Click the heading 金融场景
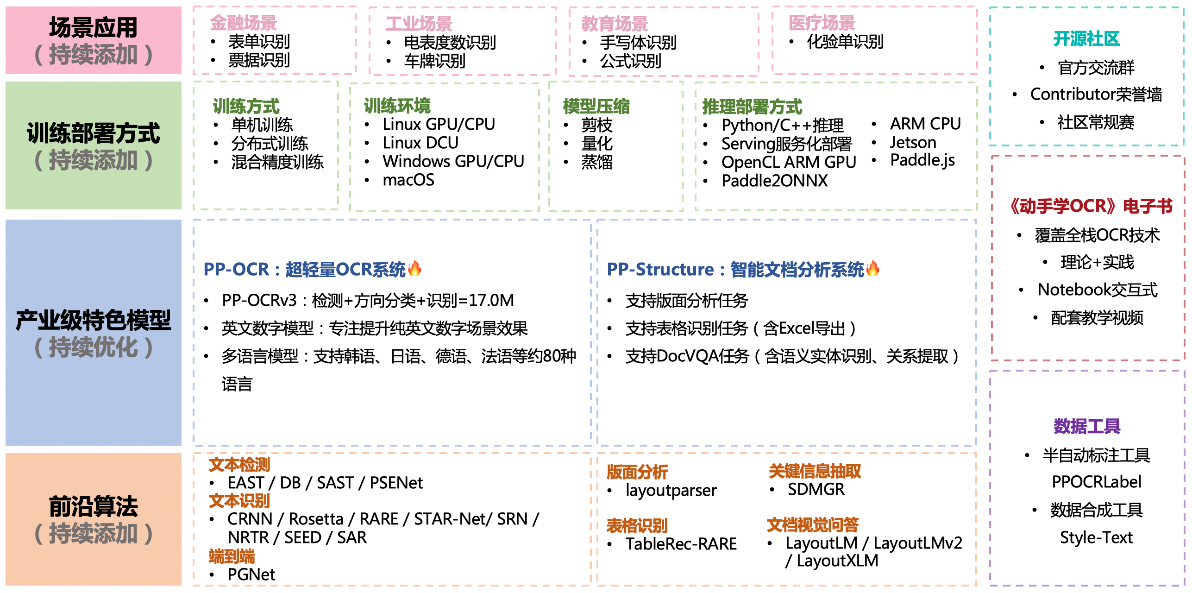click(243, 23)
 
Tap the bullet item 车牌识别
click(434, 61)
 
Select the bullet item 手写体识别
click(638, 43)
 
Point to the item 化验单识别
click(845, 42)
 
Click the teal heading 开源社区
click(1086, 39)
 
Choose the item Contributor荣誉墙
click(1096, 94)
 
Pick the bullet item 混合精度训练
click(277, 162)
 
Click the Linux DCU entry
click(420, 143)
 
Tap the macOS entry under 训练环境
click(408, 180)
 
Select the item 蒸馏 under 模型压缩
click(596, 162)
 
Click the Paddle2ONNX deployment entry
click(774, 181)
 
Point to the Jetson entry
click(913, 142)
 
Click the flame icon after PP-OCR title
click(414, 268)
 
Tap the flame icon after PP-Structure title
click(872, 268)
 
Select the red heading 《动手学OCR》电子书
click(1091, 206)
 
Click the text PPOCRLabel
click(1096, 482)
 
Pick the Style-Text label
click(1096, 537)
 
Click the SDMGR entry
click(816, 489)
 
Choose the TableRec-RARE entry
click(681, 544)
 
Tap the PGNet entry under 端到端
click(251, 574)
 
